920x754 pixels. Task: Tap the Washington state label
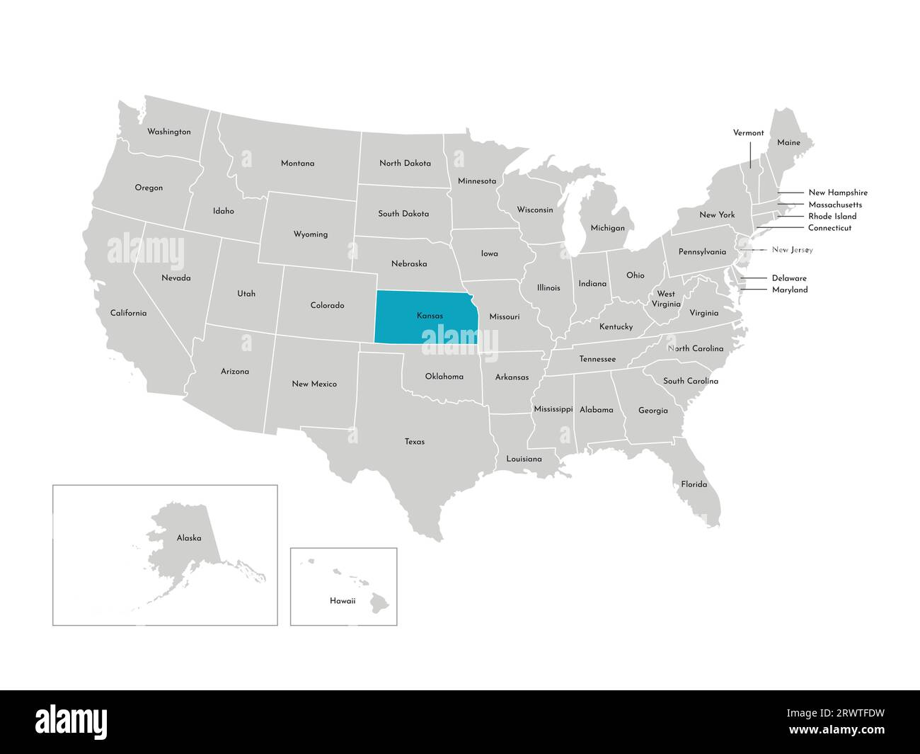(x=168, y=132)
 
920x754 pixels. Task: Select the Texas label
(x=415, y=442)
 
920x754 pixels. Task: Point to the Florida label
(x=694, y=484)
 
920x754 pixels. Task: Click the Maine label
(x=788, y=142)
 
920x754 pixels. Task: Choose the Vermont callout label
(x=748, y=132)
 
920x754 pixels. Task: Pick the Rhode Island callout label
(x=832, y=216)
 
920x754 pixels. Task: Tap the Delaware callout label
(x=789, y=278)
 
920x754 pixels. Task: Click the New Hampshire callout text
(x=837, y=193)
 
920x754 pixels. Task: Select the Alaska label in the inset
(x=189, y=538)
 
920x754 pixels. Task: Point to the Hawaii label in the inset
(x=343, y=600)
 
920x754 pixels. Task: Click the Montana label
(x=297, y=163)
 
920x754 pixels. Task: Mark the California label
(x=128, y=312)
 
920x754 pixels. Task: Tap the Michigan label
(x=608, y=228)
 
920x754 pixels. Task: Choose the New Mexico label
(x=314, y=384)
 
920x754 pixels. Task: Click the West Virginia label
(x=666, y=299)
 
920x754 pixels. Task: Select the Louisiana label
(x=524, y=459)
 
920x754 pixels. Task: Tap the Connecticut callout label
(x=829, y=228)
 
